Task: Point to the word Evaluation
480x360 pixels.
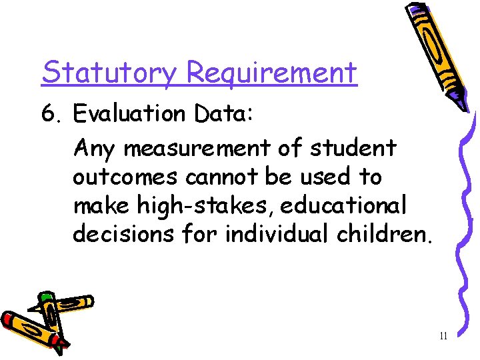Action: point(130,114)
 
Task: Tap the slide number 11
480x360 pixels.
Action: point(443,336)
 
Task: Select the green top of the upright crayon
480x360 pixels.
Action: point(46,297)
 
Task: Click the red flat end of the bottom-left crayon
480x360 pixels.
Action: point(7,319)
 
